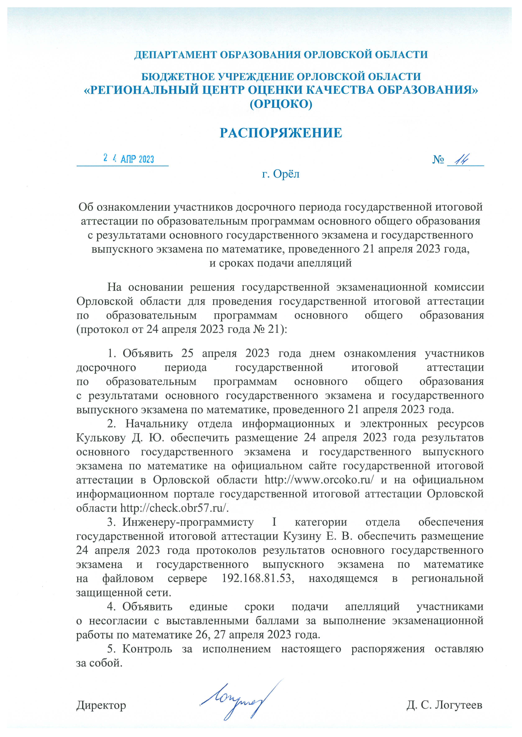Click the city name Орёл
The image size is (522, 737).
(286, 174)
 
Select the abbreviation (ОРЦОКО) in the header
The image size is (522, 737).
(281, 104)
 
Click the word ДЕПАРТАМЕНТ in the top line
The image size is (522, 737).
(175, 55)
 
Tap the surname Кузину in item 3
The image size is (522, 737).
(302, 536)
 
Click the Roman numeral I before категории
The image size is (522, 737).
(274, 522)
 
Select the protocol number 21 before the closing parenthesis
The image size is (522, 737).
(274, 329)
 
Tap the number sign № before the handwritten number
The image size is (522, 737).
(438, 159)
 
